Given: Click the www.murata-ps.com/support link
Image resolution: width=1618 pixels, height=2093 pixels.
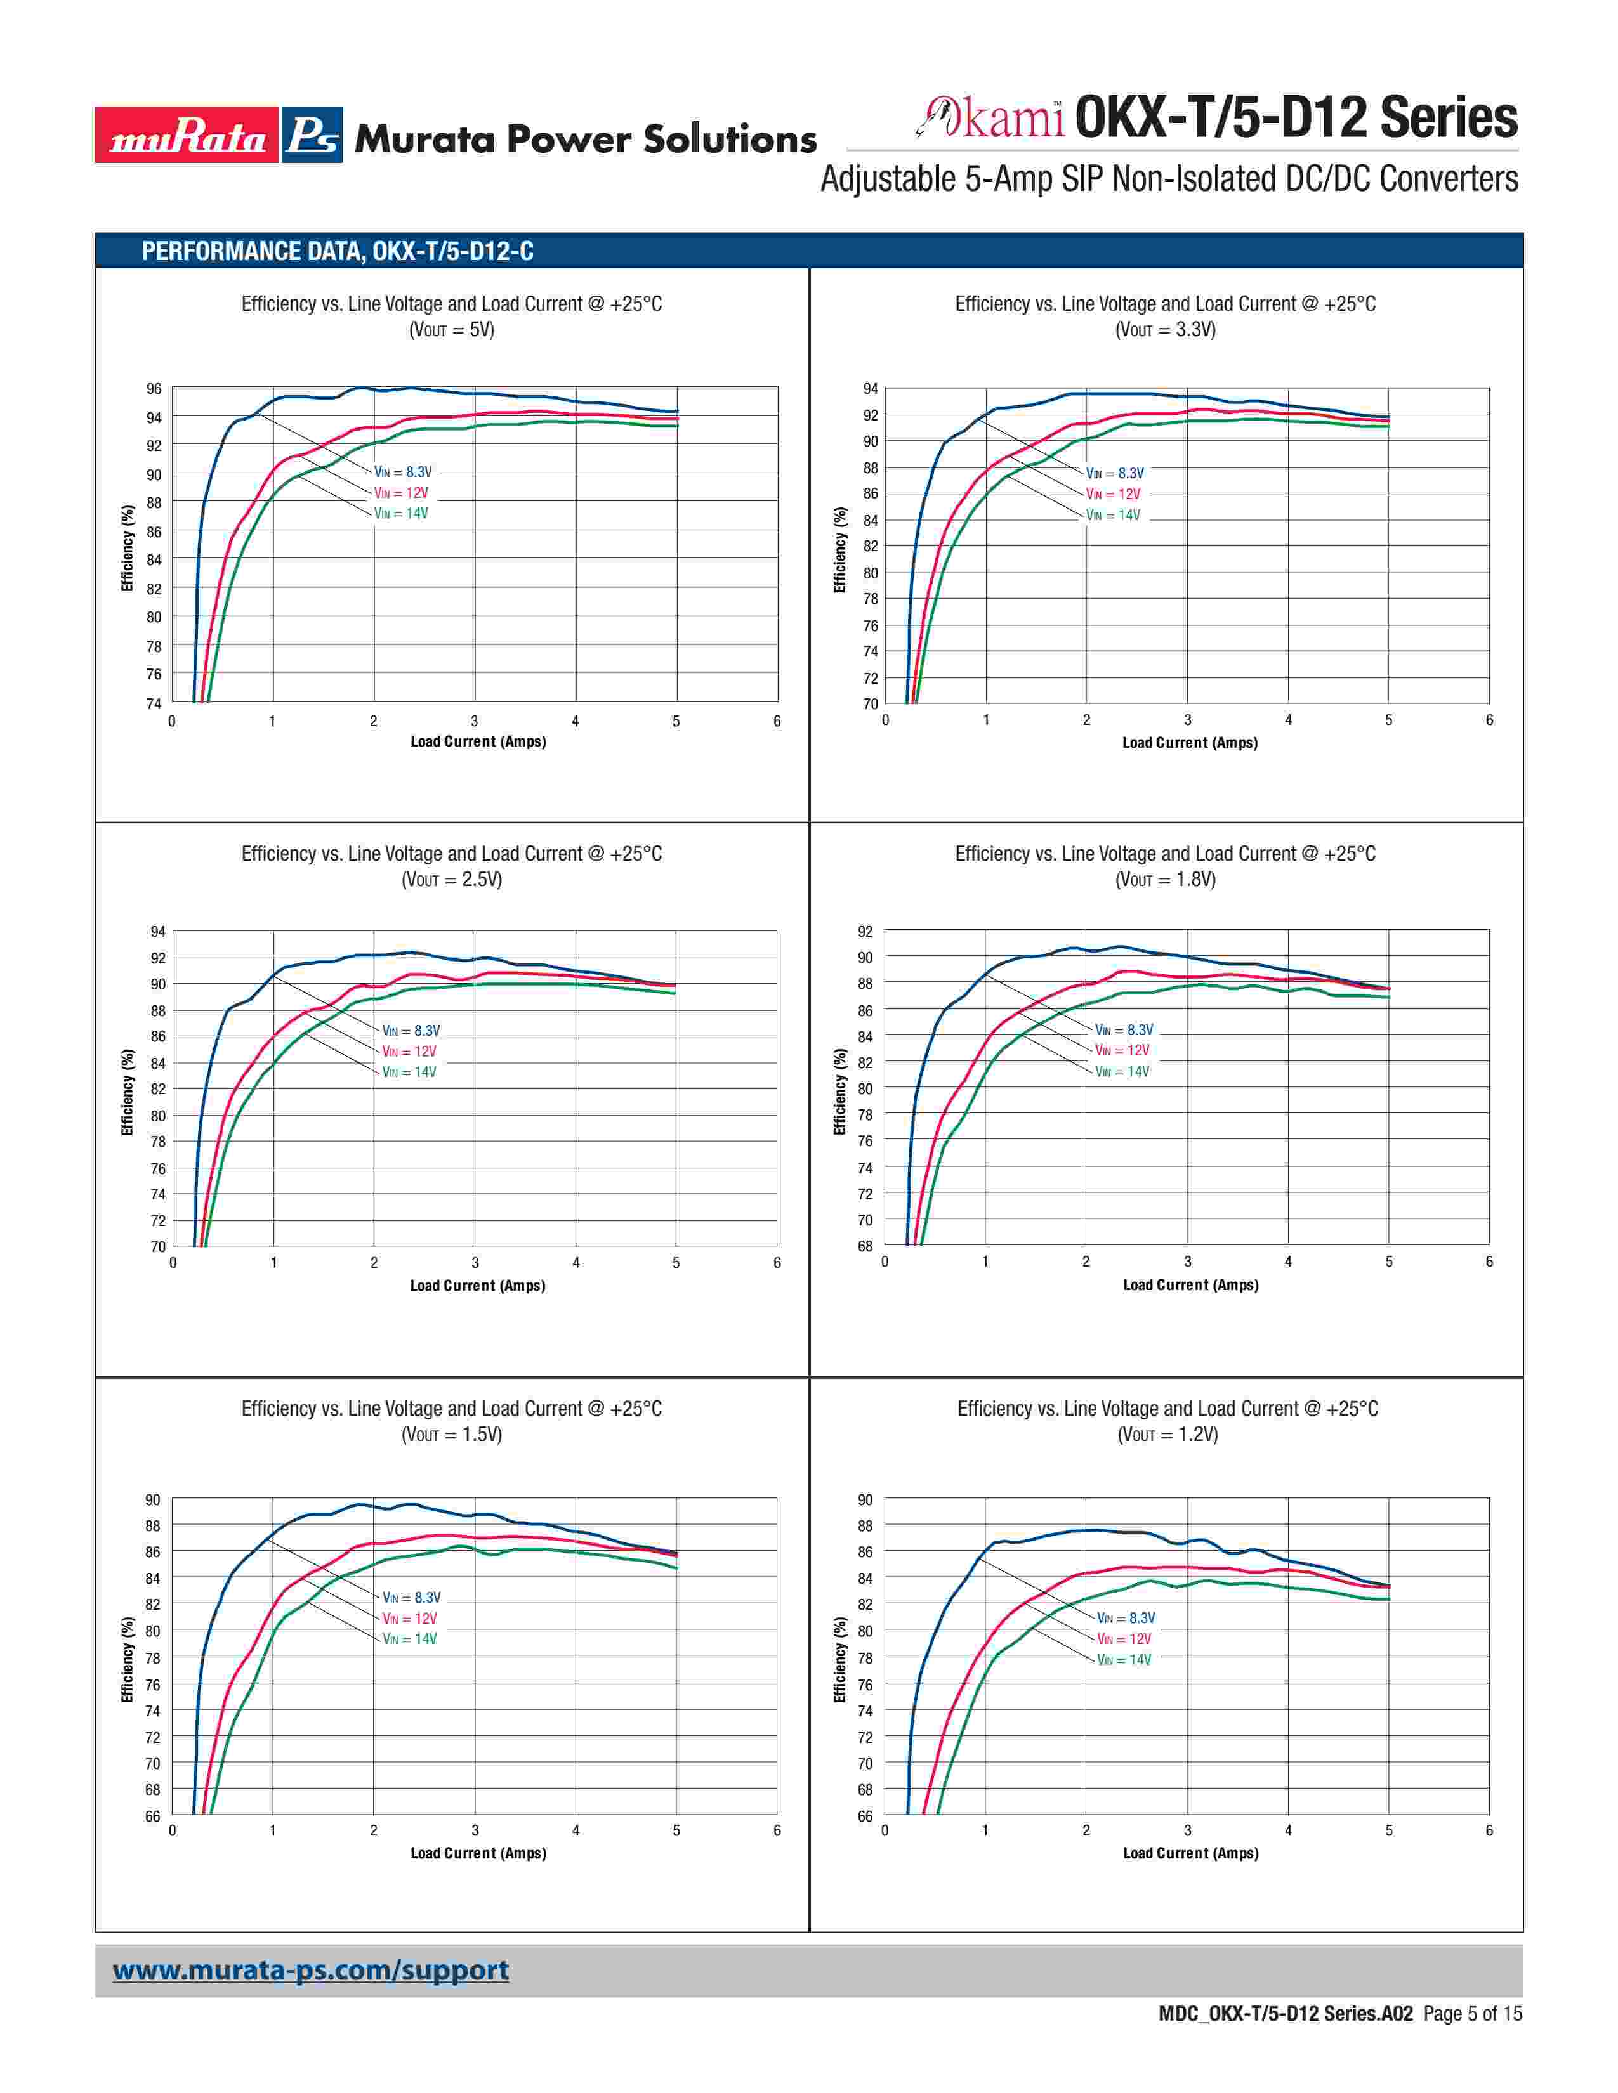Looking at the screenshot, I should [310, 1971].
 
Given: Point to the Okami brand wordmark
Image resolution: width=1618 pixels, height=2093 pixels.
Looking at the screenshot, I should [993, 119].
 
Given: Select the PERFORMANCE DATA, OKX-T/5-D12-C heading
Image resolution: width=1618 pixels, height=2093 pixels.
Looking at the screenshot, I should [338, 252].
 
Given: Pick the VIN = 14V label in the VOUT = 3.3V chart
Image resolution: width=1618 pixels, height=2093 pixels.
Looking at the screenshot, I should [1113, 516].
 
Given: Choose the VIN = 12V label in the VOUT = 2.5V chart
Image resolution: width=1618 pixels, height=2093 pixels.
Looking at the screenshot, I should [409, 1052].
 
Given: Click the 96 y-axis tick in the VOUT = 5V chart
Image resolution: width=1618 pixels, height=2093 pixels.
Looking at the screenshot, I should [154, 389].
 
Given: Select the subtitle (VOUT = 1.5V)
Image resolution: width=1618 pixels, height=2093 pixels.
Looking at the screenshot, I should [452, 1435].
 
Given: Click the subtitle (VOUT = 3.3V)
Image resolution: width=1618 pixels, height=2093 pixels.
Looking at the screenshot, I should [1166, 330].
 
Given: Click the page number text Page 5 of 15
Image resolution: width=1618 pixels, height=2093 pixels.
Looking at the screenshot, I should [1472, 2014].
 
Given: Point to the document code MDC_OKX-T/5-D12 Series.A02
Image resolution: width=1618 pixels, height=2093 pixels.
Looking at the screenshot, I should [1286, 2014].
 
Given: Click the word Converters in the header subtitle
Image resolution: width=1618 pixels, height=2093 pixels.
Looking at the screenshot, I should [1449, 179].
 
